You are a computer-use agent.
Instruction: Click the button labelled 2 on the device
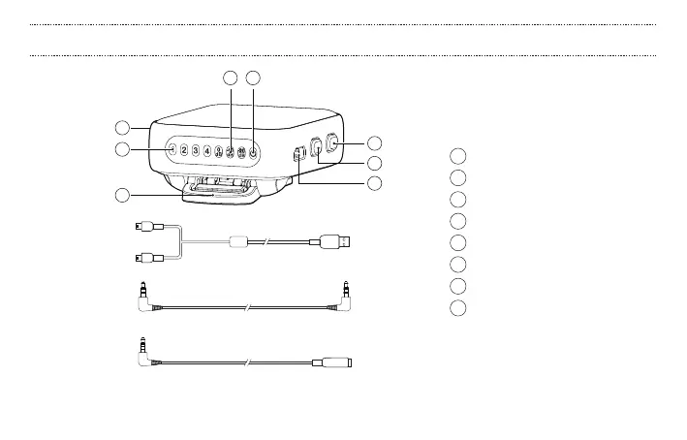184,151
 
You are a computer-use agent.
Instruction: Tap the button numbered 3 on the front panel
196,151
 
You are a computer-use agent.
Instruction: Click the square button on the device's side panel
318,148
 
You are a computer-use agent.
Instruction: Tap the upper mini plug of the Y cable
141,228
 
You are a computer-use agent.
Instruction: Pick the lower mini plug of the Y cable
141,257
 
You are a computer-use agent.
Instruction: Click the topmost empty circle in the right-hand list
459,156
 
